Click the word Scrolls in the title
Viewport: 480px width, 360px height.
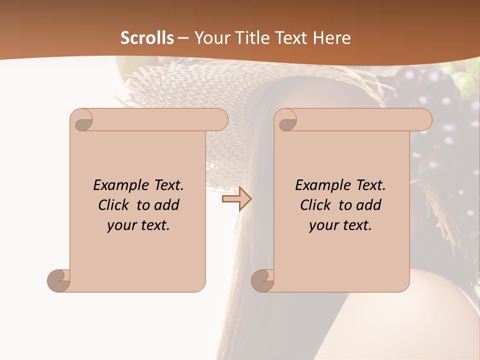(x=147, y=38)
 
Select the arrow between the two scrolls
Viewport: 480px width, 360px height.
(x=237, y=199)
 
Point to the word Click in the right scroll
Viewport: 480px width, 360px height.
(x=316, y=205)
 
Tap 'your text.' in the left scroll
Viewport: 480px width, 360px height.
(x=138, y=225)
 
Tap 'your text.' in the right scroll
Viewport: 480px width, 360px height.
(x=340, y=225)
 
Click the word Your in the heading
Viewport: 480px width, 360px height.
(x=209, y=38)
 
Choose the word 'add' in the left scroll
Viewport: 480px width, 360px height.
(x=167, y=205)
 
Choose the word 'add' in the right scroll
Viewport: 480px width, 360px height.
(x=369, y=205)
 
